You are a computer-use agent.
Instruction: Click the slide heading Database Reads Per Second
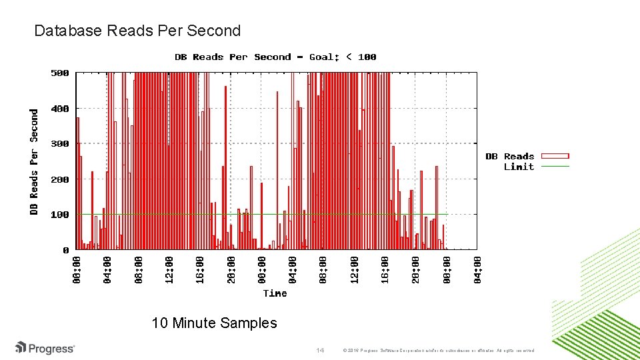[137, 31]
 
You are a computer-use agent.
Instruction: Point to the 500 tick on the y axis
[61, 73]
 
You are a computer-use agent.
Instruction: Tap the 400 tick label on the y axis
[61, 108]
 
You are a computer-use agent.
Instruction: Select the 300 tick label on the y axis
[61, 143]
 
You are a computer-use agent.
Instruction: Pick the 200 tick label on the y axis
[61, 179]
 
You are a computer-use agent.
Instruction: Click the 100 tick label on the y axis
[61, 215]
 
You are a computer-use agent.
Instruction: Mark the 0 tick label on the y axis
[66, 250]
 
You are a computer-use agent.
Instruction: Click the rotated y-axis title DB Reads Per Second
[34, 162]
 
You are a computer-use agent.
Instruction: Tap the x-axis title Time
[275, 293]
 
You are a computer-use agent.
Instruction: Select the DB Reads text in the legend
[510, 157]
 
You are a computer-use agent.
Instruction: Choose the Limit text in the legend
[519, 167]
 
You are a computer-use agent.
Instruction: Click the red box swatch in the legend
[555, 157]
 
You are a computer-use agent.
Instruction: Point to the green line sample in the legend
[555, 166]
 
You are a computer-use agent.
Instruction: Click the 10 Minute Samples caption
[214, 323]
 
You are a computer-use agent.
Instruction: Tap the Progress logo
[45, 348]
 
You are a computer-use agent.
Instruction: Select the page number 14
[319, 350]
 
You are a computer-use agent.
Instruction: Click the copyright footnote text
[437, 350]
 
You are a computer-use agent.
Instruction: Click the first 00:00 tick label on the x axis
[77, 269]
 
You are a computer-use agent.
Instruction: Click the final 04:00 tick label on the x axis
[477, 269]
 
